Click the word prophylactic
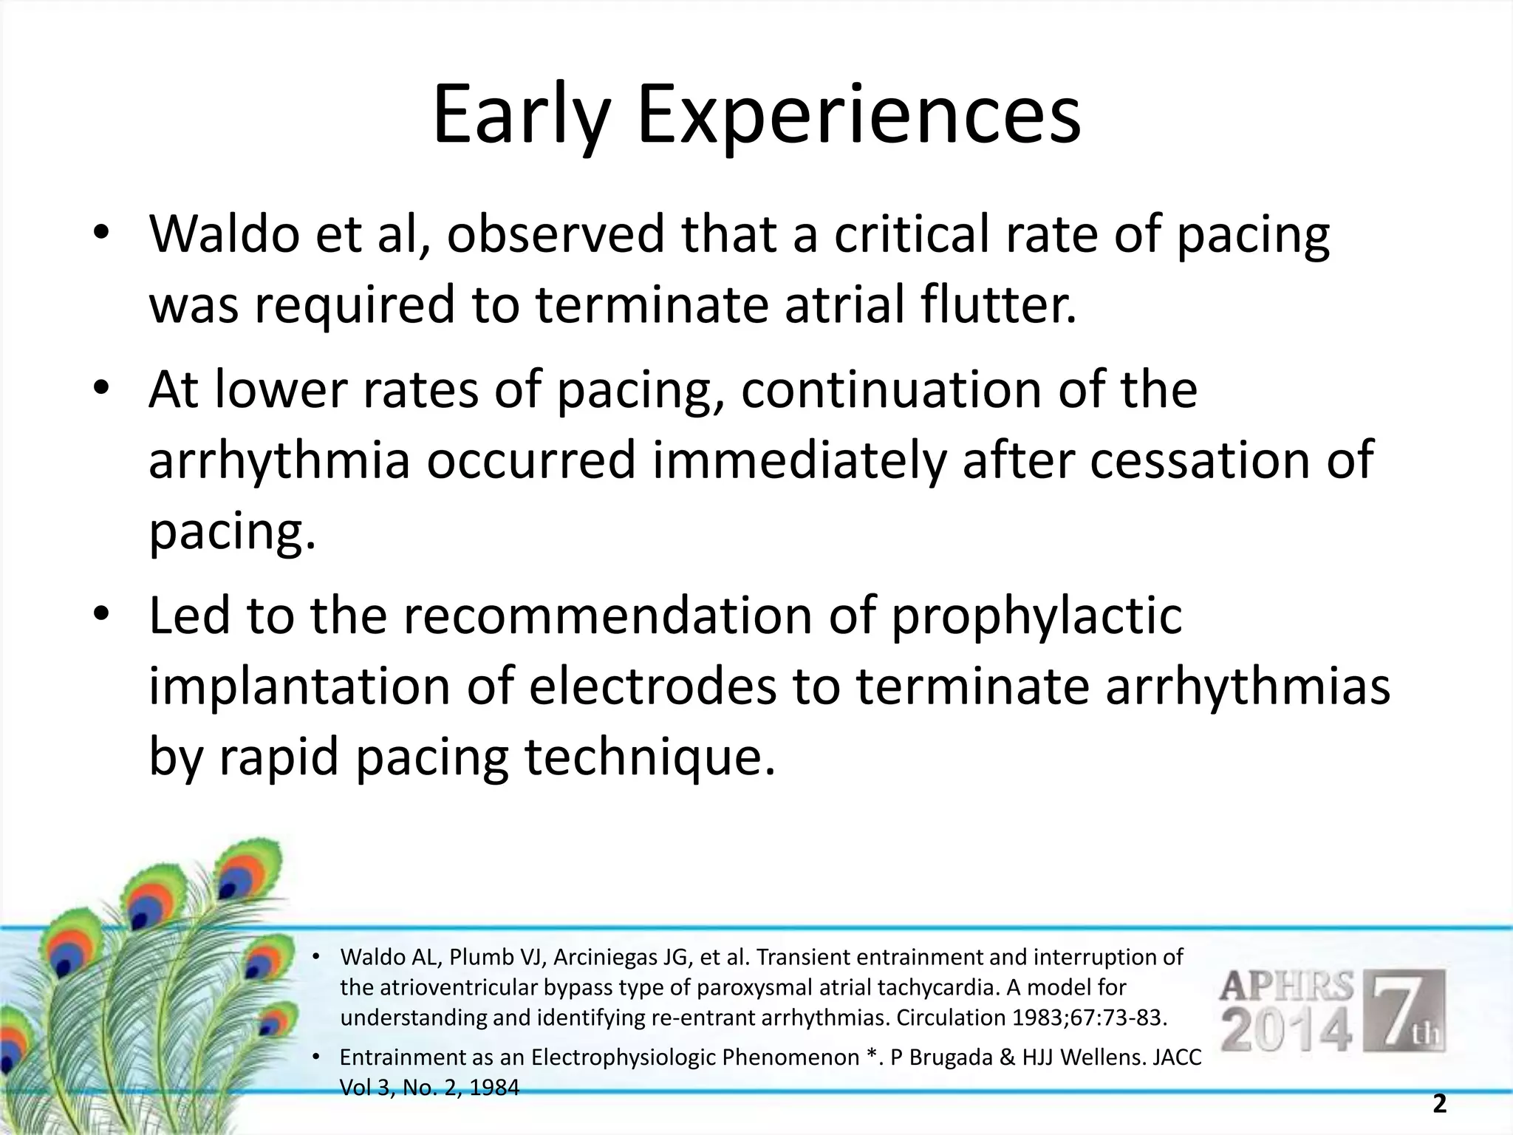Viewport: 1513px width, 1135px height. [1036, 617]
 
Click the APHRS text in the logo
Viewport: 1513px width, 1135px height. [1286, 987]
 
